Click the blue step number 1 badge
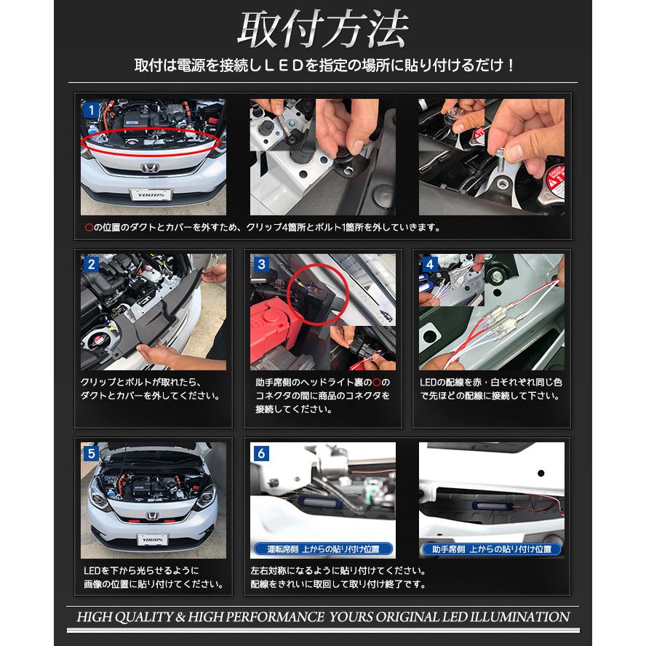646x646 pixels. click(91, 110)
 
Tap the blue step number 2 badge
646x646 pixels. click(91, 264)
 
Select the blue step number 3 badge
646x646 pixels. click(261, 264)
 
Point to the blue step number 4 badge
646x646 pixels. click(430, 264)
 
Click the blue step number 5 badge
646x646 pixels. click(91, 453)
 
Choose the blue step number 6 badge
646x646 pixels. click(261, 453)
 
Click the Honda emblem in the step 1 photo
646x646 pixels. click(151, 167)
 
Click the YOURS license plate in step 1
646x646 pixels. click(151, 194)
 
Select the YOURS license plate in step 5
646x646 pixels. click(153, 539)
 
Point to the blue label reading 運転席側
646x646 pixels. click(323, 549)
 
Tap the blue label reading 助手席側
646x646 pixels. click(492, 549)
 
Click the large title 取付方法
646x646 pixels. click(323, 30)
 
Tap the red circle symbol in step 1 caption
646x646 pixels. click(89, 227)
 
